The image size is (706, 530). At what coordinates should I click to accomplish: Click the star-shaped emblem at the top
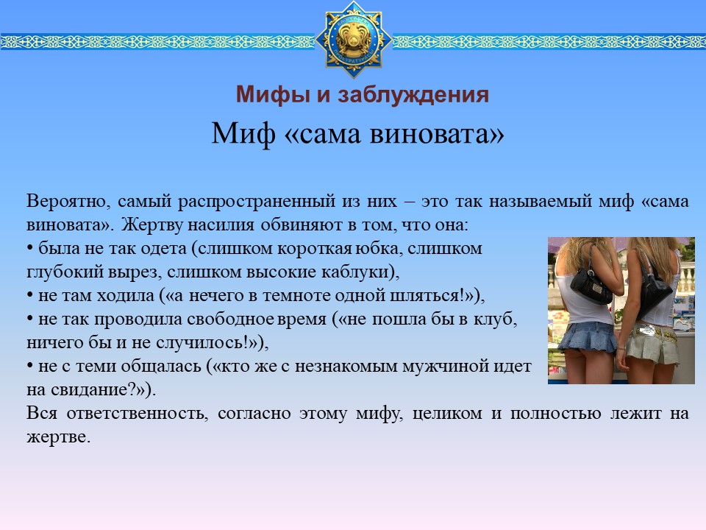pos(354,39)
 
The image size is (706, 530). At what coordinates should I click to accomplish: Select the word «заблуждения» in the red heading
pos(413,96)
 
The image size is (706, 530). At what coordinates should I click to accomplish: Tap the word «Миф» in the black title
pos(243,133)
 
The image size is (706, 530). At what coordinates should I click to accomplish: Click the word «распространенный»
pos(256,202)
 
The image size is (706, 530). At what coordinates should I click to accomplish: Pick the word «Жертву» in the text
pos(151,225)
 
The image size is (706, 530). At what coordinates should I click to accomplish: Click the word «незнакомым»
pos(346,367)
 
